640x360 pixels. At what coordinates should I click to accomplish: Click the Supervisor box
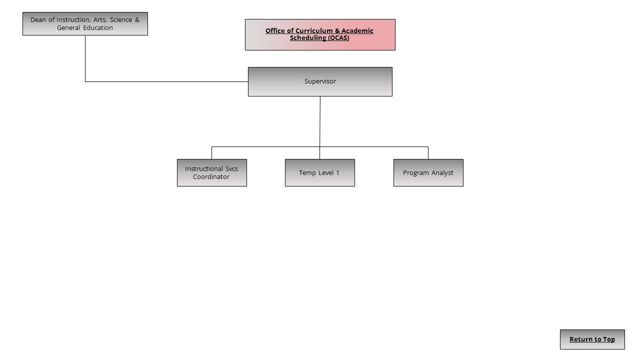tap(320, 81)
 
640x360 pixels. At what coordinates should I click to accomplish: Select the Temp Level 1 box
tap(319, 172)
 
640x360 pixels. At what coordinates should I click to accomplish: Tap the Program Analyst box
tap(428, 172)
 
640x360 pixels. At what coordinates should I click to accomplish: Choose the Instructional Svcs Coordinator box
tap(211, 172)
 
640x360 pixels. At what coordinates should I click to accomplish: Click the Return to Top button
tap(592, 339)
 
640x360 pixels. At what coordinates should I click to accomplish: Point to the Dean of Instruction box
tap(85, 23)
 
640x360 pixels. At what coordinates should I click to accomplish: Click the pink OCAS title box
tap(320, 34)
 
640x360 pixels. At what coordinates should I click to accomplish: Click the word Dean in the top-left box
tap(38, 19)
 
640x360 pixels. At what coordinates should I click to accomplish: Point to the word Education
tap(98, 27)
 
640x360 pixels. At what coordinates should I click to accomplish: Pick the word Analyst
tap(442, 173)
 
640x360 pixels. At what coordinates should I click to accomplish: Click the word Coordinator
tap(211, 176)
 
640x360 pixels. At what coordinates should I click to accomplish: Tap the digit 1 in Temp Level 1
tap(337, 172)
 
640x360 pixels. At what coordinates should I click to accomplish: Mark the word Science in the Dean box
tap(121, 19)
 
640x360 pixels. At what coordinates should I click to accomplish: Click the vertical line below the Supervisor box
tap(319, 127)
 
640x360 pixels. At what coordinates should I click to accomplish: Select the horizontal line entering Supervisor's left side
tap(166, 81)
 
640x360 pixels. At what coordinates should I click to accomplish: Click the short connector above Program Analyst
tap(428, 153)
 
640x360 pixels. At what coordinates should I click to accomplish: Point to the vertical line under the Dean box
tap(85, 58)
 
